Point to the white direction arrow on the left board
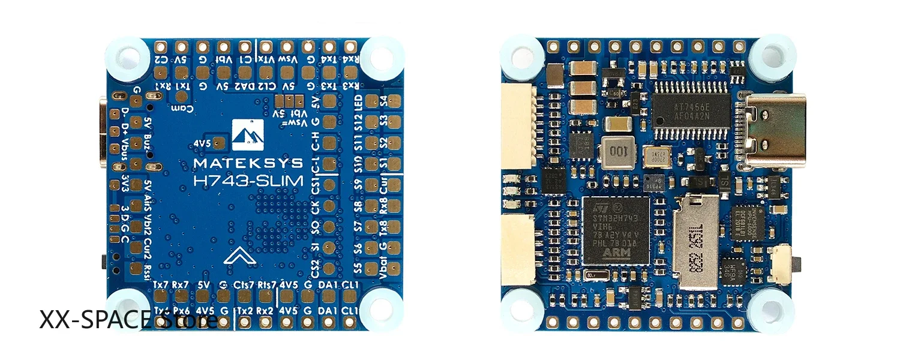click(x=239, y=256)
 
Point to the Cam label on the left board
click(x=179, y=107)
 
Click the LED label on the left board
click(x=374, y=101)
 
